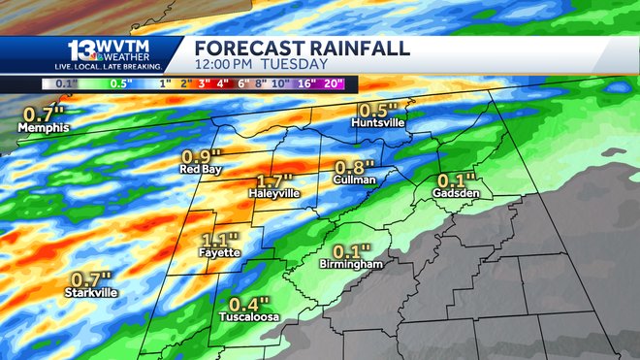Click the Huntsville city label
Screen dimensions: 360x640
tap(378, 124)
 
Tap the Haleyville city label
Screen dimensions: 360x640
tap(274, 193)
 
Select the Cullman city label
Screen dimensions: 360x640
tap(354, 180)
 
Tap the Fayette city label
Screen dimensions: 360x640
tap(217, 254)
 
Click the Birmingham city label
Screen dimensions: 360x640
tap(351, 264)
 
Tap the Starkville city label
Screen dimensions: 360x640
tap(90, 292)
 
